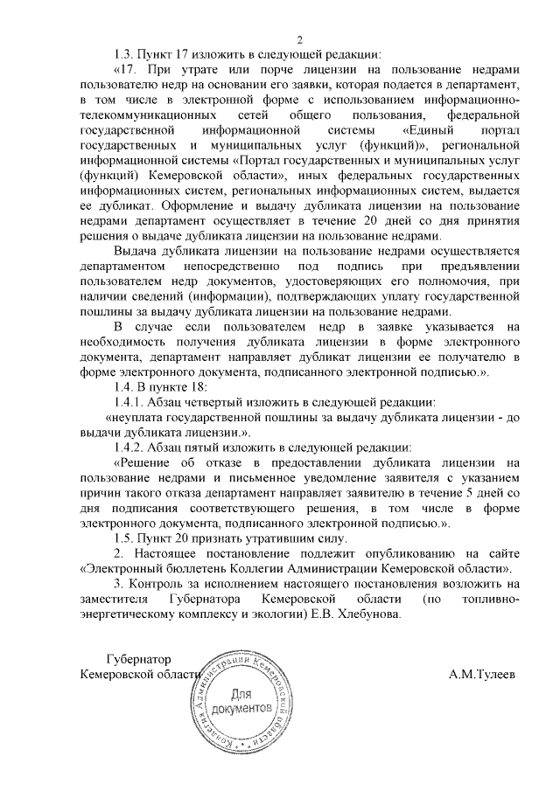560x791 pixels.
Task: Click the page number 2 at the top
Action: tap(299, 39)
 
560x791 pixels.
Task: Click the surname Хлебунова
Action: tap(367, 614)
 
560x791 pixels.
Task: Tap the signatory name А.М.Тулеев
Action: tap(481, 674)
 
